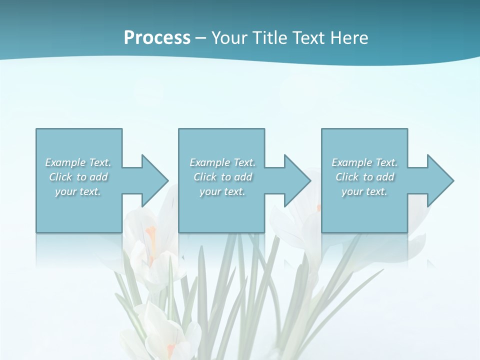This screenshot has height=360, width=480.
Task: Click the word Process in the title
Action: pyautogui.click(x=157, y=38)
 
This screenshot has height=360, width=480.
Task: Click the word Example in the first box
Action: pyautogui.click(x=65, y=162)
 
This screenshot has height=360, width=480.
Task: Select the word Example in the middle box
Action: pyautogui.click(x=209, y=162)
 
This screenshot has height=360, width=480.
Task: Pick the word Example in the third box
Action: pyautogui.click(x=351, y=162)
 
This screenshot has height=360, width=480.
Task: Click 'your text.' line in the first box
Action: pyautogui.click(x=78, y=191)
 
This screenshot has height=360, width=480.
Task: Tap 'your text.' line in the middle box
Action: pyautogui.click(x=222, y=191)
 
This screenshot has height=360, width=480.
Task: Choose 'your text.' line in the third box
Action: pyautogui.click(x=364, y=191)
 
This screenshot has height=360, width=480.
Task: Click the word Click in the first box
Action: pyautogui.click(x=60, y=177)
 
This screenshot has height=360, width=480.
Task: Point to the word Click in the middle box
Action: pyautogui.click(x=205, y=177)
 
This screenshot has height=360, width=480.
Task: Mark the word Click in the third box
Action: pyautogui.click(x=347, y=177)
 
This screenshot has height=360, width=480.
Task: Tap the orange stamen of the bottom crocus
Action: pyautogui.click(x=171, y=348)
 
